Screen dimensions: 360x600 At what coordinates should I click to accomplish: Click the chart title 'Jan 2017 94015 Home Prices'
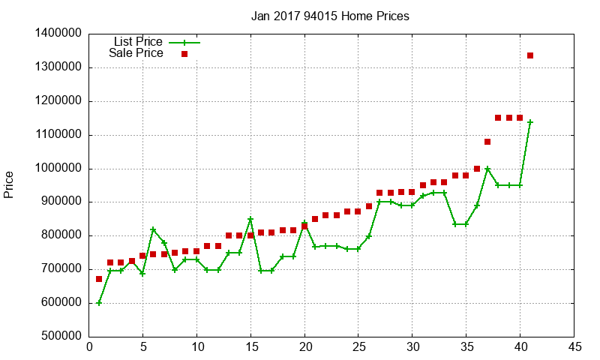[x=330, y=16]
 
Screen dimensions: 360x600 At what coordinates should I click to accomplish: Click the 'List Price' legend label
[x=137, y=42]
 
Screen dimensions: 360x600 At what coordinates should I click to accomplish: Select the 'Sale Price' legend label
[x=136, y=53]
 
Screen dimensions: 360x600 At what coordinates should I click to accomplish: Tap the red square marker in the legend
[x=184, y=54]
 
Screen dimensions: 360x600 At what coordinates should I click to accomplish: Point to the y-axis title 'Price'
[x=9, y=184]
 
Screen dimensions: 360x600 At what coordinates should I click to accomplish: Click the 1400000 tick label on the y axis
[x=58, y=34]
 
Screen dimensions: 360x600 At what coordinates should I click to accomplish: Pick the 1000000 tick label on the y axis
[x=58, y=169]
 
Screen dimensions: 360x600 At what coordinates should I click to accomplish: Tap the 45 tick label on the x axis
[x=574, y=347]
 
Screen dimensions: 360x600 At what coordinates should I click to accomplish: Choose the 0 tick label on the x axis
[x=89, y=347]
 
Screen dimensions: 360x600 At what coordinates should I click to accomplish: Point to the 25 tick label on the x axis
[x=358, y=347]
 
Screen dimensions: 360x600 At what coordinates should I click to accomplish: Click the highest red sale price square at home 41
[x=530, y=55]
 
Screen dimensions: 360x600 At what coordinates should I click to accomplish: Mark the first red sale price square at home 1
[x=99, y=279]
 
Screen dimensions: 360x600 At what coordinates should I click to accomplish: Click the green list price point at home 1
[x=99, y=303]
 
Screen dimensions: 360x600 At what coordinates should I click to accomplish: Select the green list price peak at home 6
[x=153, y=230]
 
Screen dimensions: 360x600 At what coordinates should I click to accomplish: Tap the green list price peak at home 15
[x=250, y=219]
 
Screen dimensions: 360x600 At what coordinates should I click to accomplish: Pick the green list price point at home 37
[x=487, y=169]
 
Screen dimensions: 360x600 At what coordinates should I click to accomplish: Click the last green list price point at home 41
[x=530, y=122]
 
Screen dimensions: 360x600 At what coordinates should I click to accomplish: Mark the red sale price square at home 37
[x=487, y=142]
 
